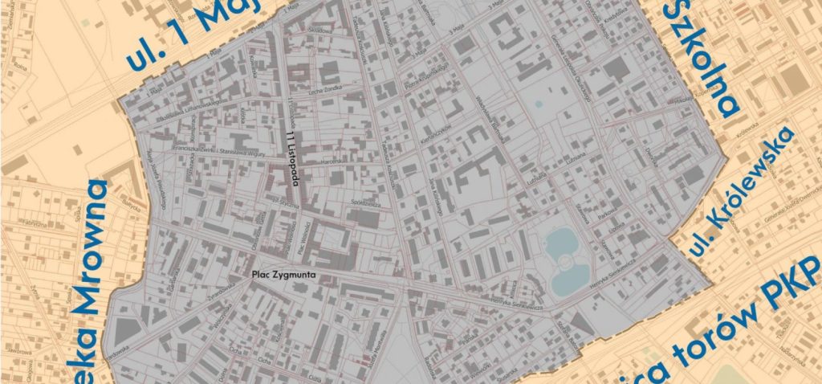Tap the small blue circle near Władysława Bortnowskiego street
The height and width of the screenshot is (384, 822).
pos(537,104)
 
